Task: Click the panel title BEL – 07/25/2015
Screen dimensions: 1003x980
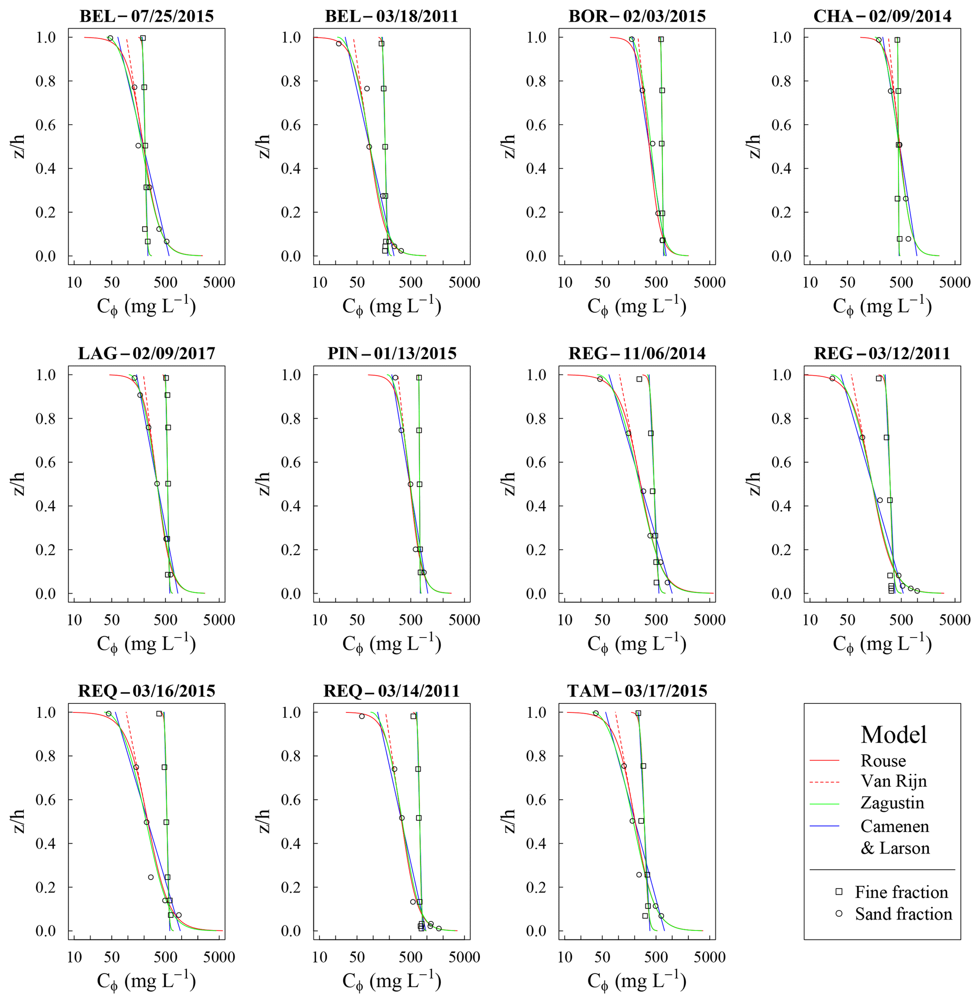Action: point(146,17)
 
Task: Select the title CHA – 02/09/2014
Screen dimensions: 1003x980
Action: point(882,17)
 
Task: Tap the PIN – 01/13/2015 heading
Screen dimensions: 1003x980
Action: point(392,354)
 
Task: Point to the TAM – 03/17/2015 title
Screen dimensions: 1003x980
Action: point(637,691)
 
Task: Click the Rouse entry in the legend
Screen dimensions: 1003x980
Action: point(883,761)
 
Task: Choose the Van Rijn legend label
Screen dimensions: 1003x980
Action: point(894,781)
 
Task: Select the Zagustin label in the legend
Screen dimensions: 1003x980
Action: point(892,803)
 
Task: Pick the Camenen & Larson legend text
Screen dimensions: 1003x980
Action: point(895,837)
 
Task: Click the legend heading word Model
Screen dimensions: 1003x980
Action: point(894,735)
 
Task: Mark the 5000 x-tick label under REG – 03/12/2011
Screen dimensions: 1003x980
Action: point(955,620)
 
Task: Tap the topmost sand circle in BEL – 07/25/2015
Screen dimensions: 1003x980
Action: point(110,38)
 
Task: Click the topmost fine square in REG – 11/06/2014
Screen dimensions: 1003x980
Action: point(639,379)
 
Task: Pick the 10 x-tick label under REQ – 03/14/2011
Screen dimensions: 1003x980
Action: point(320,957)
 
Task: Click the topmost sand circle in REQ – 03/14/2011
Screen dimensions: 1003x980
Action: point(362,716)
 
